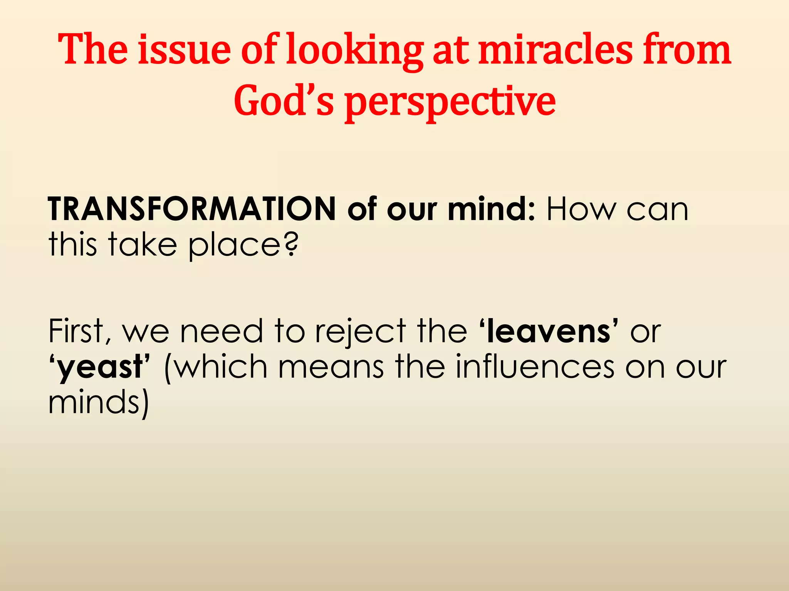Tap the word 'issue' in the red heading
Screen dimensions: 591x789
(x=184, y=50)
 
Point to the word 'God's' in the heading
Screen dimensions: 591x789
(x=284, y=100)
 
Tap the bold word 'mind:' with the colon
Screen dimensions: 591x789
(x=491, y=209)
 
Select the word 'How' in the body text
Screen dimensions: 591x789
(x=581, y=209)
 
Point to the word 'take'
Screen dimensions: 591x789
(x=142, y=244)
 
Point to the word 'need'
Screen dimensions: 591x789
(x=222, y=331)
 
